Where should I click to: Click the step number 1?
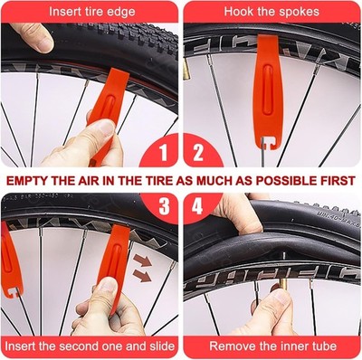[164, 152]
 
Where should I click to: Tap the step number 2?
[198, 152]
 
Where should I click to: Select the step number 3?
[164, 206]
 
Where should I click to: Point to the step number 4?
[197, 206]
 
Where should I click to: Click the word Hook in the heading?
[238, 12]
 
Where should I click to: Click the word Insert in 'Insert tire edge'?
[63, 12]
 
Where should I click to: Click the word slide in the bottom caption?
[162, 346]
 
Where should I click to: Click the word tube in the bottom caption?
[324, 346]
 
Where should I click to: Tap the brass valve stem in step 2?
[186, 69]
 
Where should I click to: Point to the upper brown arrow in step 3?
[142, 261]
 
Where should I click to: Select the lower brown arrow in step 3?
[142, 276]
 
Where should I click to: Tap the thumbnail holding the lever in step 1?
[107, 128]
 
